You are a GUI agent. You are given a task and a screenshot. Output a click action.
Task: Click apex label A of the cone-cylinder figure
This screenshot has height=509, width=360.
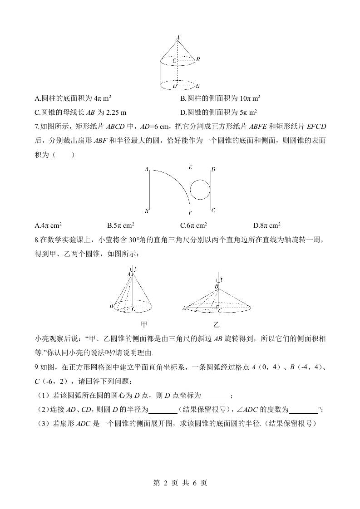point(178,37)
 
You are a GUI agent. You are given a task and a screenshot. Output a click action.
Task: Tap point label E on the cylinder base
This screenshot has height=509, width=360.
point(198,85)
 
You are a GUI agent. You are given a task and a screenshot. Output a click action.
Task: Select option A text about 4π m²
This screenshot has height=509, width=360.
point(73,98)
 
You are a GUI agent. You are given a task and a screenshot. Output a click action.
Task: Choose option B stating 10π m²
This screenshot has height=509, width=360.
point(220,98)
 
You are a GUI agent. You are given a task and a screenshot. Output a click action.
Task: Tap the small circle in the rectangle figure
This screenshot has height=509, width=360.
point(200,189)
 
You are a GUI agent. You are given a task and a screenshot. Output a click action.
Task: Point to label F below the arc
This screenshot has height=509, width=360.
point(190,212)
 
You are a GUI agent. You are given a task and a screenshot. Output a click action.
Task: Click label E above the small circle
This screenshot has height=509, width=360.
point(190,168)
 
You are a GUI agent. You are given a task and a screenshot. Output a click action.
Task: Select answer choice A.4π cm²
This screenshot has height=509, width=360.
point(48,225)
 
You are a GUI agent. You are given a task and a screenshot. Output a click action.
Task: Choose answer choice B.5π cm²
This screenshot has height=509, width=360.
point(121,225)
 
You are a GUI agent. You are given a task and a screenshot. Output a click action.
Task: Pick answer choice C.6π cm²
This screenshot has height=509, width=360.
point(194,225)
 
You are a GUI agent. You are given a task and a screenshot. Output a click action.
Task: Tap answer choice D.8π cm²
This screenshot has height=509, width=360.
point(267,225)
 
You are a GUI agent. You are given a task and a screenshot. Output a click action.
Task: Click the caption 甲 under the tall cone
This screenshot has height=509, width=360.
point(144,324)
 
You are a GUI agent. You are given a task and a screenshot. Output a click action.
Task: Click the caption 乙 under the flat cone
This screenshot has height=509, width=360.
point(217,324)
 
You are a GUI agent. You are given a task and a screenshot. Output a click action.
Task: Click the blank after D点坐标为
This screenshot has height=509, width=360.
point(216,396)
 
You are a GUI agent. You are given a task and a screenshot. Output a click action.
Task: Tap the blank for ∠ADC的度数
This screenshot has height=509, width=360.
point(303,410)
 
